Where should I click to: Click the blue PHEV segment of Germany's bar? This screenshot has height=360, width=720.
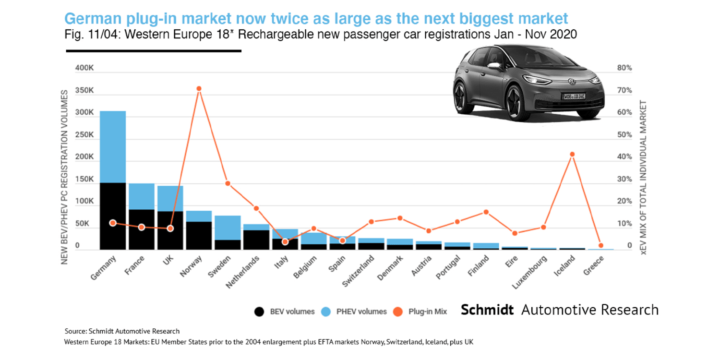pos(113,146)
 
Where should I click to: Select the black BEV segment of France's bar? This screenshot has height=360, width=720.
pos(142,229)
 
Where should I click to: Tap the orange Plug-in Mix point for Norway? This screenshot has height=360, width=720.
pos(199,88)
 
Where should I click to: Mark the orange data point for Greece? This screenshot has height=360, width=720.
pos(600,245)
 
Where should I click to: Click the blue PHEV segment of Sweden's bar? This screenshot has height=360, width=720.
pos(228,228)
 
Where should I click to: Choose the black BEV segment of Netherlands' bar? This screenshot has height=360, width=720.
pos(256,240)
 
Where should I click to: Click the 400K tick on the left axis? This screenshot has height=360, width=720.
pos(84,69)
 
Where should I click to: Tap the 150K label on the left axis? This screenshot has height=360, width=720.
pos(84,179)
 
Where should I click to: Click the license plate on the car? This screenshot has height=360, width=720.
pos(575,96)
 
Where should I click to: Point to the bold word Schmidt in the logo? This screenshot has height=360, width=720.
pos(488,310)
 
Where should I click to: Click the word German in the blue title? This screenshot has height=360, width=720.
pos(94,19)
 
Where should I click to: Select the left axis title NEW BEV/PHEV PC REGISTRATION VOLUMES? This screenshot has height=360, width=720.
pos(65,178)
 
